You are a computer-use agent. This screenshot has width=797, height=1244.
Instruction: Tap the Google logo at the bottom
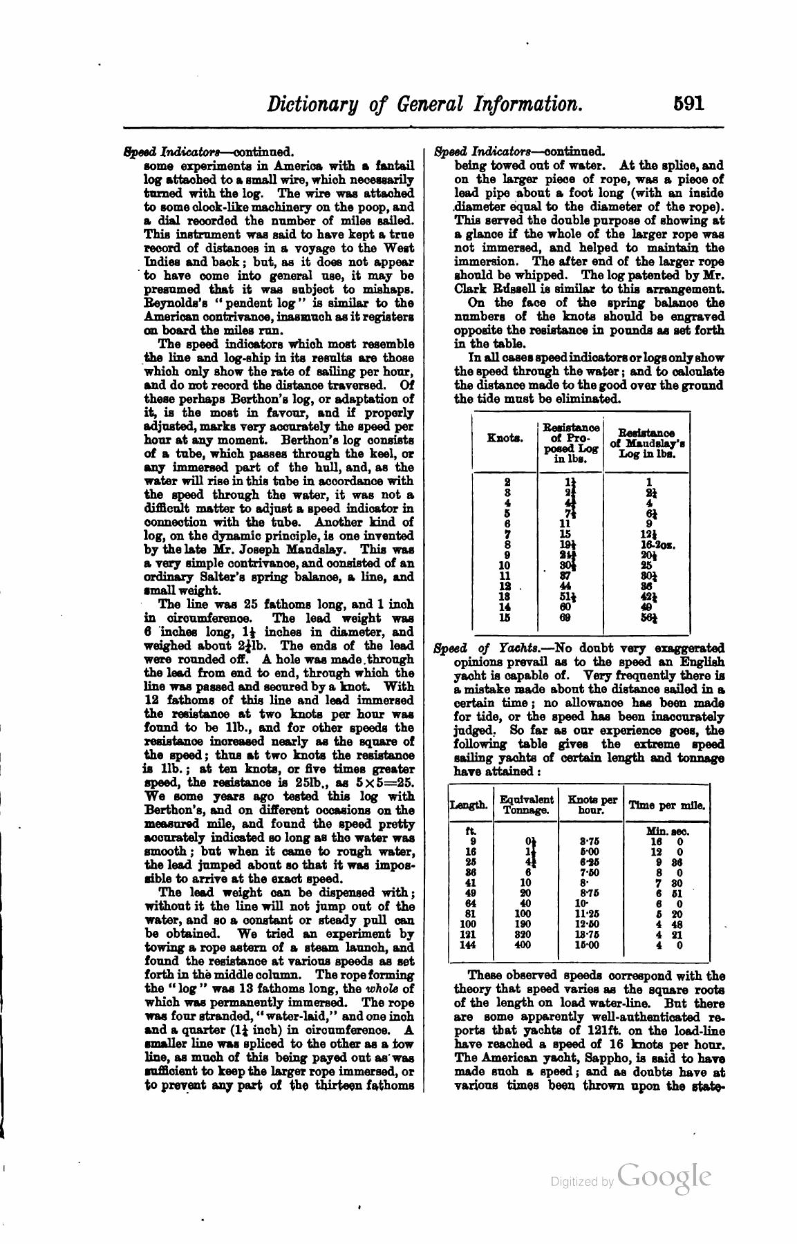[664, 1176]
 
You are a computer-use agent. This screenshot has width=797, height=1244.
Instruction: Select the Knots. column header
[505, 437]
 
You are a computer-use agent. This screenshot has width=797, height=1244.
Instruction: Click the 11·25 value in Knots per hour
[592, 913]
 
